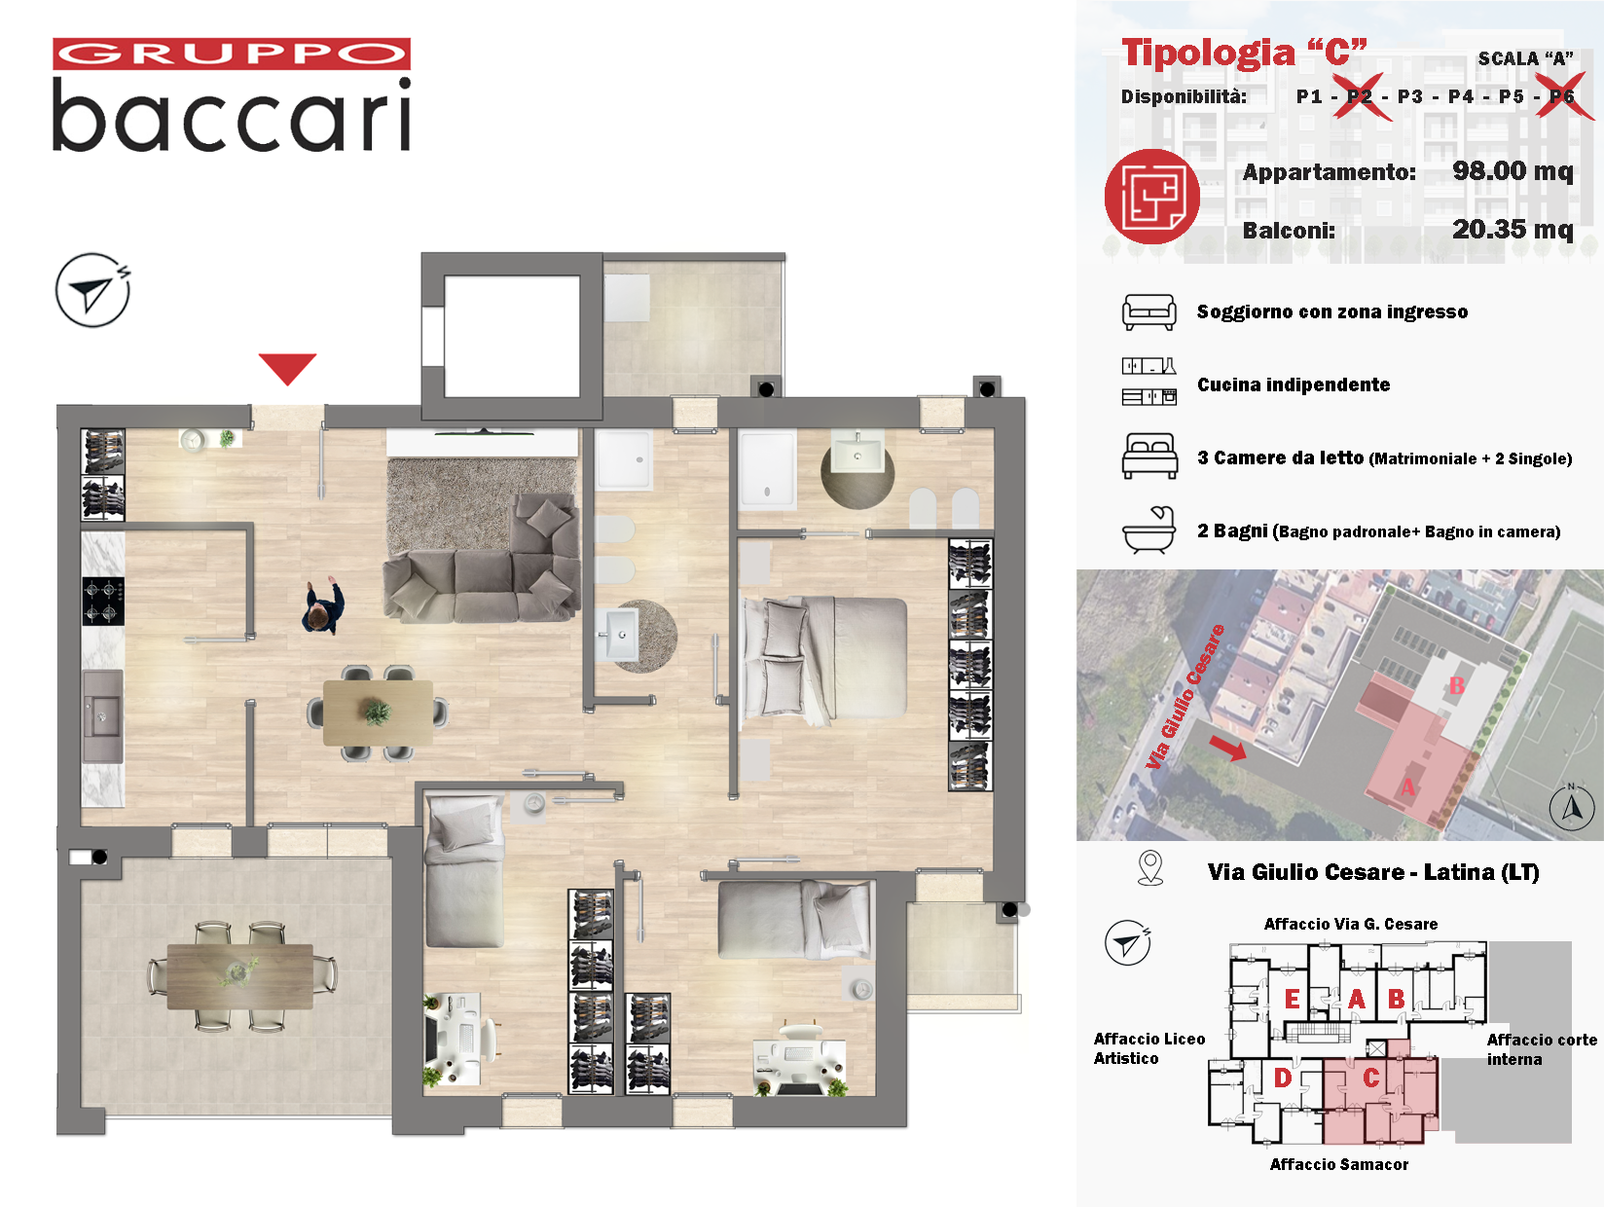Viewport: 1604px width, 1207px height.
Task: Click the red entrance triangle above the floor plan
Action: coord(287,368)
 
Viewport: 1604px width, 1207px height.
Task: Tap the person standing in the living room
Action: coord(323,605)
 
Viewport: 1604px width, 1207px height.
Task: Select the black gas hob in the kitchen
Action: coord(103,602)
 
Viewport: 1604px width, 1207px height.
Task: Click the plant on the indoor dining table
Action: coord(377,711)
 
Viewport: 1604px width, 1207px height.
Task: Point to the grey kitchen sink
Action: coord(102,716)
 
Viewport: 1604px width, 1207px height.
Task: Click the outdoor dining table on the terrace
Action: coord(239,976)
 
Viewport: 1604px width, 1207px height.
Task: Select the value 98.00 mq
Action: coord(1512,171)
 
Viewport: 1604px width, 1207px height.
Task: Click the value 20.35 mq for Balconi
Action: coord(1512,230)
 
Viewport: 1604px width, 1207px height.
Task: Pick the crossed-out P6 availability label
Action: coord(1561,96)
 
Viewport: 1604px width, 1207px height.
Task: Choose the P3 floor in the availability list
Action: coord(1409,96)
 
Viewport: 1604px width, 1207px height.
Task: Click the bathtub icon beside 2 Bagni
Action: coord(1148,530)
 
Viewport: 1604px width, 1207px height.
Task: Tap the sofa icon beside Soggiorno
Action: coord(1148,312)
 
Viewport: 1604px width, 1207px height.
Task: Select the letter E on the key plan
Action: coord(1292,998)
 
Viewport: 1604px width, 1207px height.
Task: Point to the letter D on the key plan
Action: coord(1283,1078)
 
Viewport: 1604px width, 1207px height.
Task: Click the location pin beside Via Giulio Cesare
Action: coord(1150,868)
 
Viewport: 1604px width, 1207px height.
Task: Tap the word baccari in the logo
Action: coord(232,116)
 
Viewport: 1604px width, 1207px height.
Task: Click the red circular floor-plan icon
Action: coord(1151,197)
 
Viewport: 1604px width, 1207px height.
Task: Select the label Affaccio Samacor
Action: coord(1338,1164)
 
